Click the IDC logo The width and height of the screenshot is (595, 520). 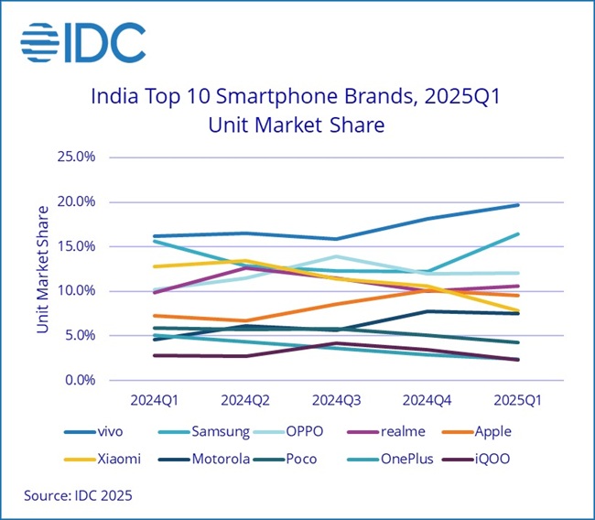tap(82, 40)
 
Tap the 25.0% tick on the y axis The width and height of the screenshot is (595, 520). tap(77, 157)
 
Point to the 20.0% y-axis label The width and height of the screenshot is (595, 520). tap(77, 201)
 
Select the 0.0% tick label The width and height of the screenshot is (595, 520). tap(80, 380)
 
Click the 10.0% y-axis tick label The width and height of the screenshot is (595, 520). tap(77, 291)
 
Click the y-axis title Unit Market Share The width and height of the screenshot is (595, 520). tap(43, 270)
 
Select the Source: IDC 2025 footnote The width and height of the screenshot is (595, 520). tap(78, 496)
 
